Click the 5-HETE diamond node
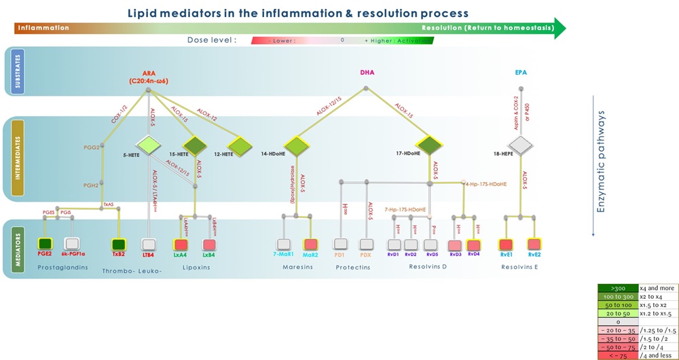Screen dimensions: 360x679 147,145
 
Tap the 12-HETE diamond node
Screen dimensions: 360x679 239,145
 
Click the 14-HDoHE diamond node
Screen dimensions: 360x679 297,145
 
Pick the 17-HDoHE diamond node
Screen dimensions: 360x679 428,145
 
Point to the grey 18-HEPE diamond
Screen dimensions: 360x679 521,145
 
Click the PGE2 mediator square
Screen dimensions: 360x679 45,244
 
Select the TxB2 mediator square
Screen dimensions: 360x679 119,244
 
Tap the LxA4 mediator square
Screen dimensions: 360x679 181,245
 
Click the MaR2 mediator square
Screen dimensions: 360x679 310,245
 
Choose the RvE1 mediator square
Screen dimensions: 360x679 506,245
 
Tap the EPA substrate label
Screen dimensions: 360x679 521,72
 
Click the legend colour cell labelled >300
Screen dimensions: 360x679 613,288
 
